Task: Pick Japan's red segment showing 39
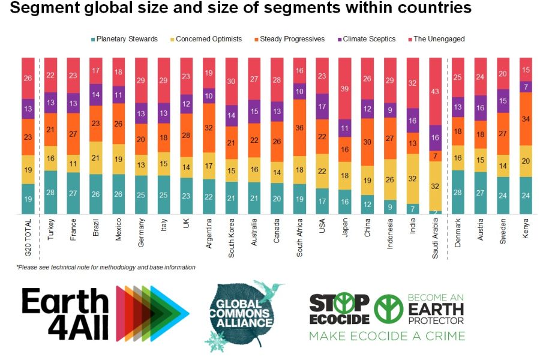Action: (x=345, y=88)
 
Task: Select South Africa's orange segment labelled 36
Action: (x=299, y=127)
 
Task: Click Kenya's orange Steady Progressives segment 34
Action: (x=526, y=119)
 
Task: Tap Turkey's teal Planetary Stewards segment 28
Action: (x=50, y=192)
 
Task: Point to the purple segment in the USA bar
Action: (x=322, y=106)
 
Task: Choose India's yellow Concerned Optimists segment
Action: (x=414, y=178)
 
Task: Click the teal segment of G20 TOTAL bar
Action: (x=28, y=199)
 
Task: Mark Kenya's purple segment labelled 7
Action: (x=526, y=86)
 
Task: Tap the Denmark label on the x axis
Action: (x=459, y=236)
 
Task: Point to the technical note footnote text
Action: (x=106, y=267)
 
